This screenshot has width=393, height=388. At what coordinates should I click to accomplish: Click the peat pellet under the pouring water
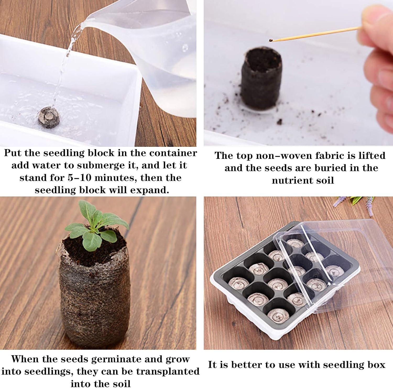[49, 117]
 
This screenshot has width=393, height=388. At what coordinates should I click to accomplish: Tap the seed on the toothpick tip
[271, 40]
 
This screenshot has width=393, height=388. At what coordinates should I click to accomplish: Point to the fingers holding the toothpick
[380, 66]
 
